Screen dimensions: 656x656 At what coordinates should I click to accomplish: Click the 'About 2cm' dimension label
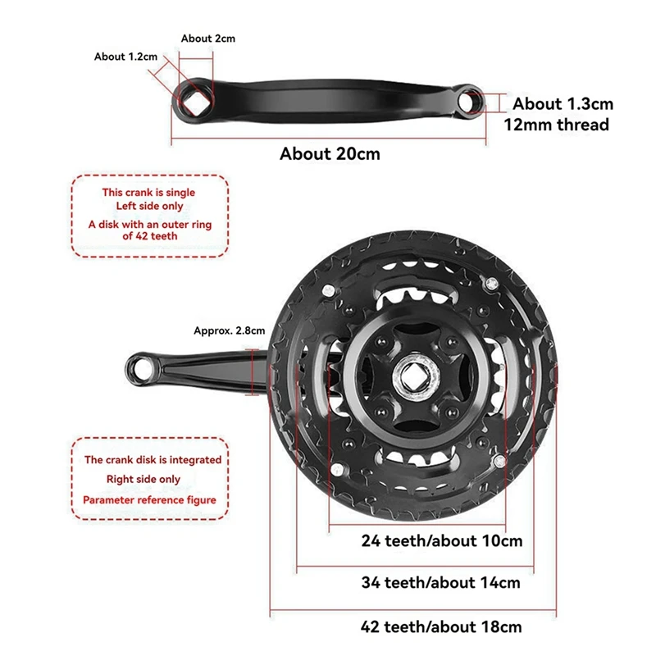click(x=208, y=39)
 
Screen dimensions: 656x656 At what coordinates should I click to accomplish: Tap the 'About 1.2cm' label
click(x=125, y=57)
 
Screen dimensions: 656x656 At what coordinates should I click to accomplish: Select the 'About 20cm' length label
click(x=330, y=153)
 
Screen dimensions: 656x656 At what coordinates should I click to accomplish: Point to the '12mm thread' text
click(x=556, y=125)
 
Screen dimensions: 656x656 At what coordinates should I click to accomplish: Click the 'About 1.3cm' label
click(x=563, y=104)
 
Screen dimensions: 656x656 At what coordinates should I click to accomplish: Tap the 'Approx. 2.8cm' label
click(x=230, y=331)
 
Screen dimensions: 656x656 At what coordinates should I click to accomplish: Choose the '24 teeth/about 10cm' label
click(x=442, y=540)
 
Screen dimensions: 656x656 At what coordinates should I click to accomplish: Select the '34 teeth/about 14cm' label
click(x=440, y=582)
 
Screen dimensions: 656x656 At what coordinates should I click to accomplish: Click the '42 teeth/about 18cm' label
click(x=441, y=626)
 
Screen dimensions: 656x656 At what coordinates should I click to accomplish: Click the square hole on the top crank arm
click(x=194, y=102)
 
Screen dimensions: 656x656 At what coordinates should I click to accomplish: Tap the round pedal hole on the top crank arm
click(x=469, y=101)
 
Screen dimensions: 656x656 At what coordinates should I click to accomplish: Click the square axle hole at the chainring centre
click(x=414, y=378)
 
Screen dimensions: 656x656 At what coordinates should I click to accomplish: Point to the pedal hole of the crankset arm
click(x=141, y=370)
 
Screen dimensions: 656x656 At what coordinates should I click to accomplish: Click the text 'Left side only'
click(x=149, y=207)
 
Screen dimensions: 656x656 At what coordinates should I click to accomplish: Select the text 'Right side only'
click(x=143, y=479)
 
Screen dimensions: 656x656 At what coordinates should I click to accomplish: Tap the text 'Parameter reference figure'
click(x=149, y=500)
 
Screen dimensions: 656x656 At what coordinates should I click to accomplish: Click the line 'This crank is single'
click(x=148, y=193)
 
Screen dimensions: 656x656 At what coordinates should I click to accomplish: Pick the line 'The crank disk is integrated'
click(x=153, y=460)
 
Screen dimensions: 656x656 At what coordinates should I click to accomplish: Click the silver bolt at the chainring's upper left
click(x=329, y=289)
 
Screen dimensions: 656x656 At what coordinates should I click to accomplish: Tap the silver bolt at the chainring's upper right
click(x=491, y=284)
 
